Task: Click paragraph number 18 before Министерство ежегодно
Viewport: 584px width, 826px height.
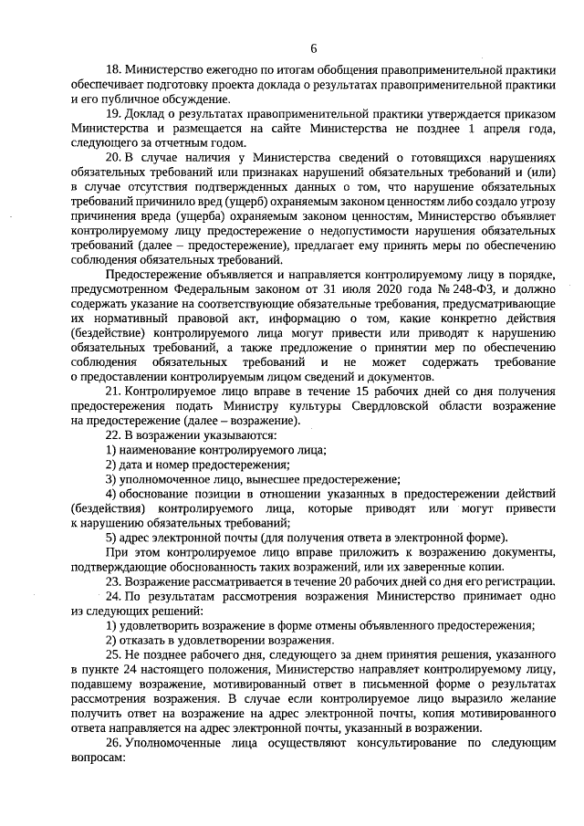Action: tap(114, 70)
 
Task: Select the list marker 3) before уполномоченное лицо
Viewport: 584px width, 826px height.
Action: tap(112, 479)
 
